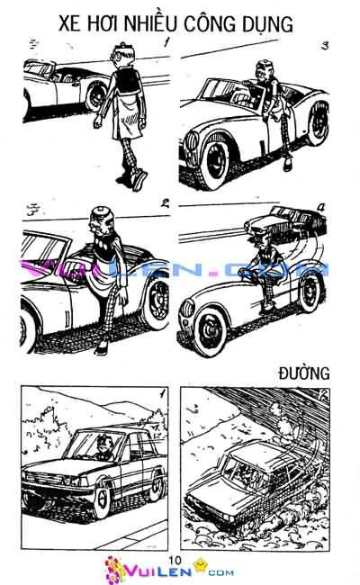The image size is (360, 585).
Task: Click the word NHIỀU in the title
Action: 150,24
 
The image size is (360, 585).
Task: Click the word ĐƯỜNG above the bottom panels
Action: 304,373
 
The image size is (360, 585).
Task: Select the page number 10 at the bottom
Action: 175,560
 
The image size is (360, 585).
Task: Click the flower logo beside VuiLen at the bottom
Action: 113,569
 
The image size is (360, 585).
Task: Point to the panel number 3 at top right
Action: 325,46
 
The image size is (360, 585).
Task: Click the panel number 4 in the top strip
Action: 321,208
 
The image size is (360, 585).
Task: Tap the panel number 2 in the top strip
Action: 165,203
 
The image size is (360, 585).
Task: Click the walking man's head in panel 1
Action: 122,55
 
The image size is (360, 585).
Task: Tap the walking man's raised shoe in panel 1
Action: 139,180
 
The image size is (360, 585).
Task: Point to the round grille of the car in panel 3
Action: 193,141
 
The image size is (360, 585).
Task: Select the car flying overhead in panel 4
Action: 285,221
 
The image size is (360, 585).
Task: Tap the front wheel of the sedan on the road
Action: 102,499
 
